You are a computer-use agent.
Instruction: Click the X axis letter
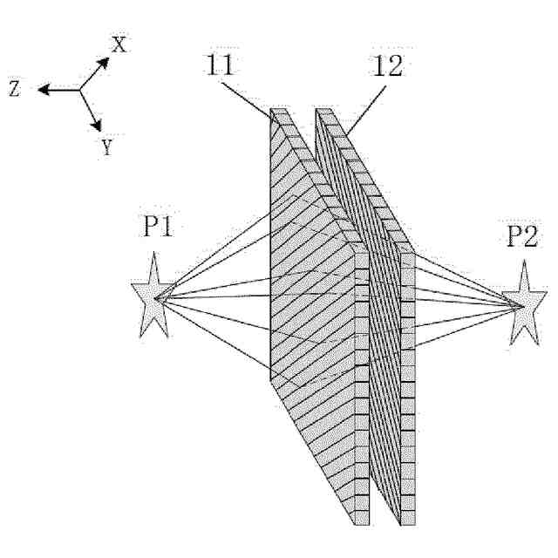click(x=119, y=44)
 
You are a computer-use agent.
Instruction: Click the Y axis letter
click(x=106, y=146)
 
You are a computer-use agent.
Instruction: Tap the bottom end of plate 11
click(x=362, y=521)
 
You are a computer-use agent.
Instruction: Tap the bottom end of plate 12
click(x=407, y=521)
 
